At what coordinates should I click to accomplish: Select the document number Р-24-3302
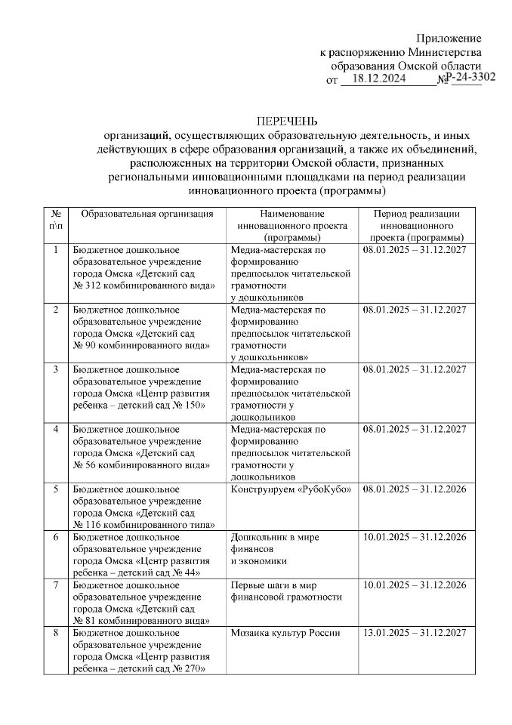470,77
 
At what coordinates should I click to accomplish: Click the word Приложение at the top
450,38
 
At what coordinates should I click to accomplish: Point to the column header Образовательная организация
147,214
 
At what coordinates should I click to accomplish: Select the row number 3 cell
55,369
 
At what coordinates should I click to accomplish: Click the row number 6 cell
55,537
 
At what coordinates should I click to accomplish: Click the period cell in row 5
414,489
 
